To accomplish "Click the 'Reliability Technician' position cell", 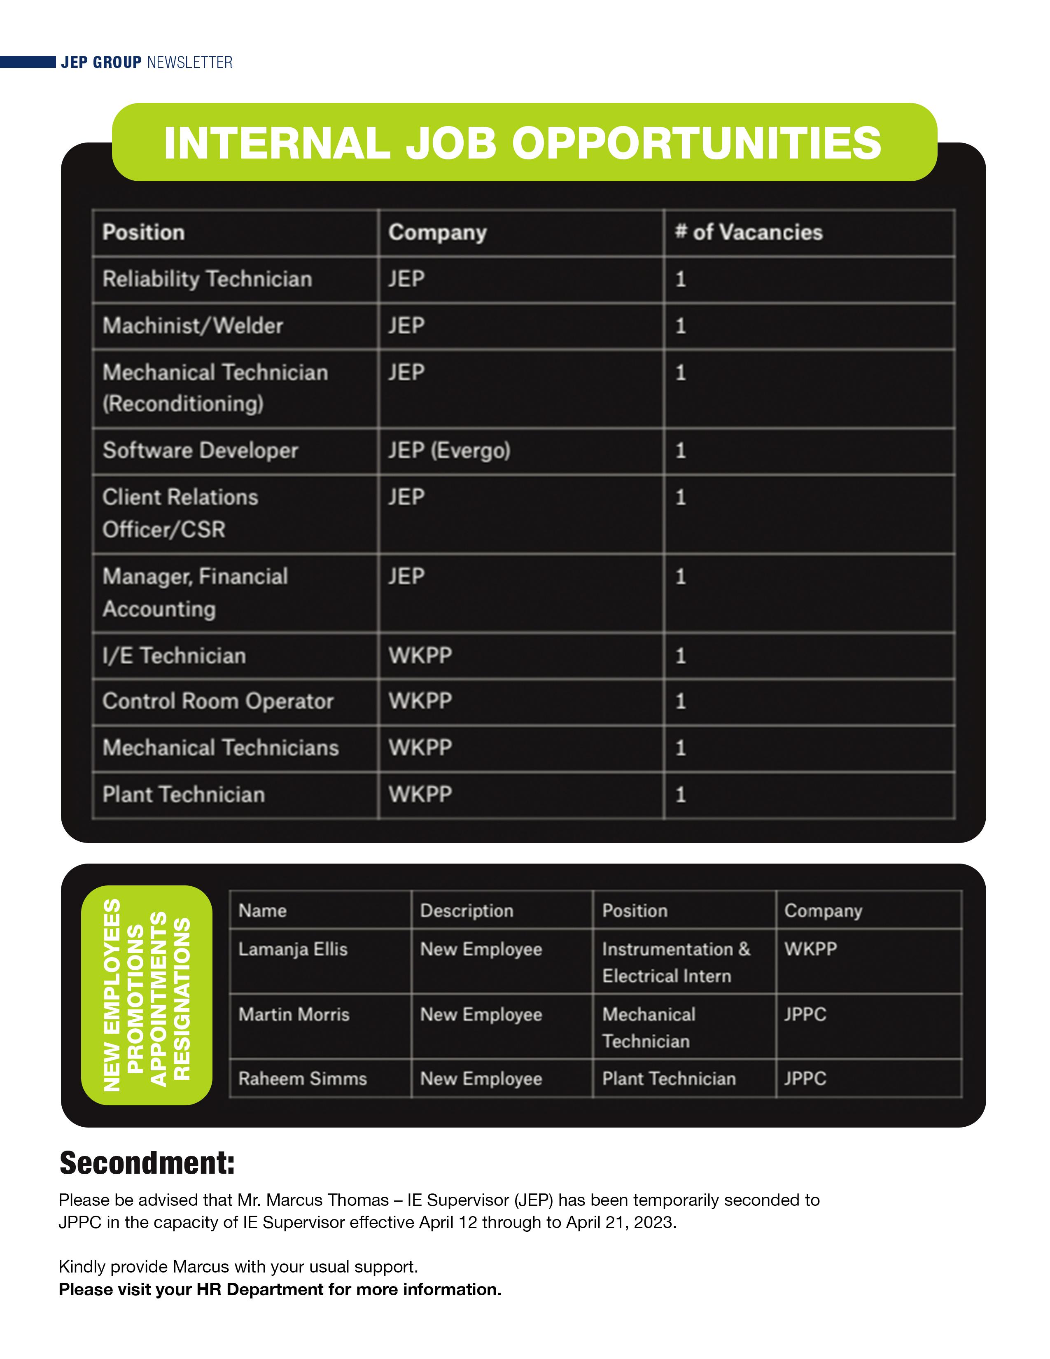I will [x=207, y=279].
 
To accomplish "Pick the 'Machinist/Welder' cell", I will [x=193, y=325].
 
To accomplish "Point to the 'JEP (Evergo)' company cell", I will [x=449, y=450].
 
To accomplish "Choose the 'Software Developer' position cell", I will [x=200, y=450].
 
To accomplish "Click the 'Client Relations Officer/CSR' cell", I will [x=180, y=514].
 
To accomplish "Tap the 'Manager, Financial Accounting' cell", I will [x=195, y=592].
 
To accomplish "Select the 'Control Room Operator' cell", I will [x=218, y=701].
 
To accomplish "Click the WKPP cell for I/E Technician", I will [x=420, y=655].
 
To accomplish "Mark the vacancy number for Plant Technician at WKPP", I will [x=681, y=795].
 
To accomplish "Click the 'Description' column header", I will [x=467, y=911].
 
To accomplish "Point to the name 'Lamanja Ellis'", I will [x=292, y=949].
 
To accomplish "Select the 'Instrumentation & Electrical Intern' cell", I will [x=676, y=962].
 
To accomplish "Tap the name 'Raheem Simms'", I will [x=302, y=1079].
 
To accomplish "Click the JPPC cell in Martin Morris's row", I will [x=805, y=1014].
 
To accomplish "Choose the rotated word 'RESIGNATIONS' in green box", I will [x=182, y=998].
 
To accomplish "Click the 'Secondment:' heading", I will [x=147, y=1163].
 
